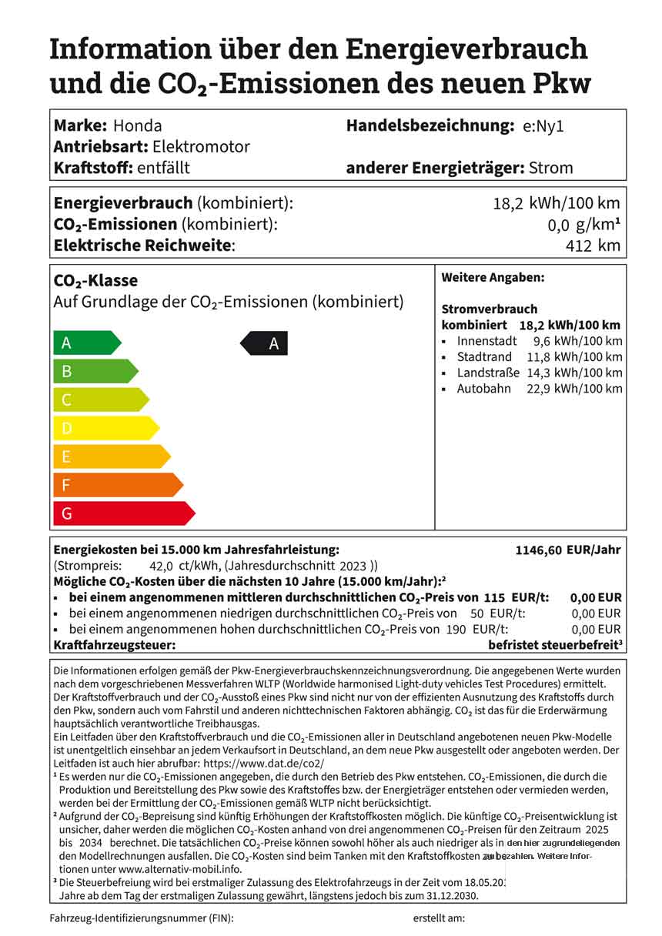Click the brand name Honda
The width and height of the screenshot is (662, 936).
137,125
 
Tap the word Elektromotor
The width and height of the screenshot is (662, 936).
201,146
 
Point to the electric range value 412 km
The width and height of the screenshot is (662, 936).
593,246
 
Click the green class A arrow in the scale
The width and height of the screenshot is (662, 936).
85,343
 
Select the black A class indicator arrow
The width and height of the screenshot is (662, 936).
265,343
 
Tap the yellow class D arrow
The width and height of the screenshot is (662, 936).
104,428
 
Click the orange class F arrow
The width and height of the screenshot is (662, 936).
116,485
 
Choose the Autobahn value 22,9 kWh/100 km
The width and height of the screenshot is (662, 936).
571,389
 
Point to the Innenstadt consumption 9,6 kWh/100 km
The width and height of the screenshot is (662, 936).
577,341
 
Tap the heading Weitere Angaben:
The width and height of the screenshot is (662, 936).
493,277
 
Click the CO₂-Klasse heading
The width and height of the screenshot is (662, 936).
95,281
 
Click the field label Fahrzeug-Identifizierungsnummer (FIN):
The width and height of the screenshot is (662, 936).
142,918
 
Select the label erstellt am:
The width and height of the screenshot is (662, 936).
439,918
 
